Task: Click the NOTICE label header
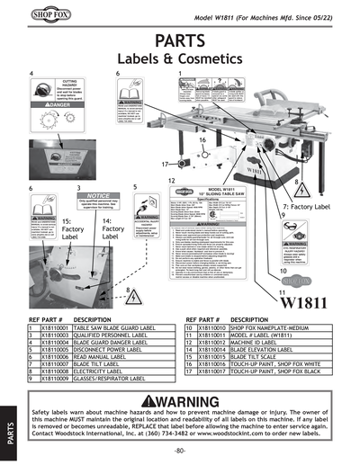coord(98,196)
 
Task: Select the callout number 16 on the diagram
coord(202,141)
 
